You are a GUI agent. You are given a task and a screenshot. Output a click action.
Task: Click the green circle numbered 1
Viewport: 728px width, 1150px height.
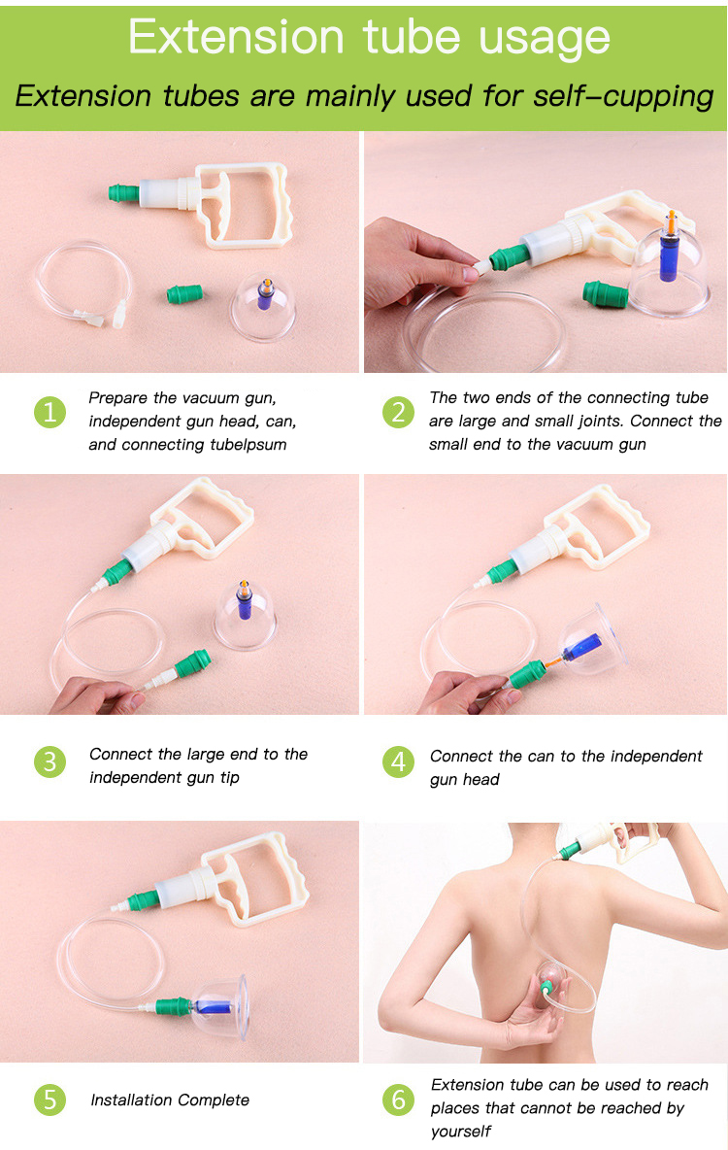click(50, 412)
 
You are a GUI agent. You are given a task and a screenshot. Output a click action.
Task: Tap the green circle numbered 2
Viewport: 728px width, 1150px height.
click(398, 412)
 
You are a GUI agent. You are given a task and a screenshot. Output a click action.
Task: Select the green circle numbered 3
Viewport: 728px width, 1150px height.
click(50, 762)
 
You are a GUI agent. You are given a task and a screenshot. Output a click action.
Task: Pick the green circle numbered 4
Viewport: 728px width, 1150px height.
click(398, 762)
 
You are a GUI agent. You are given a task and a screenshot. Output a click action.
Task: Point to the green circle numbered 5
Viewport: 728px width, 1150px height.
click(50, 1099)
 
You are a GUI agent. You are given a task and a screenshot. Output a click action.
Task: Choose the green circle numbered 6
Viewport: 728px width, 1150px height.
click(398, 1099)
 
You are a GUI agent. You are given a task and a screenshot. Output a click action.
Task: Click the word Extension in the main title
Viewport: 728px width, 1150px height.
click(236, 37)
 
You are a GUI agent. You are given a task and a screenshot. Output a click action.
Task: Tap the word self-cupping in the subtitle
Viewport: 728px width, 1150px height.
click(623, 97)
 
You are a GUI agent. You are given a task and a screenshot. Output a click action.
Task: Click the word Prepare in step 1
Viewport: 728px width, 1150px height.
click(118, 398)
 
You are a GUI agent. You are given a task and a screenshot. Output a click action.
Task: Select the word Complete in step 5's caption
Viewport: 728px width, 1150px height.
click(214, 1100)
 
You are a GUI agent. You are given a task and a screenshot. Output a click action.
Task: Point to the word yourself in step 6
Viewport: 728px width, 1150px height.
click(460, 1131)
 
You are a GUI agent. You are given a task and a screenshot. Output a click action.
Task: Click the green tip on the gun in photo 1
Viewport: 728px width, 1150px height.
click(124, 193)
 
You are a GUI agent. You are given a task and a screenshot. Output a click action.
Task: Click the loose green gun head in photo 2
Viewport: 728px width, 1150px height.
click(605, 293)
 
